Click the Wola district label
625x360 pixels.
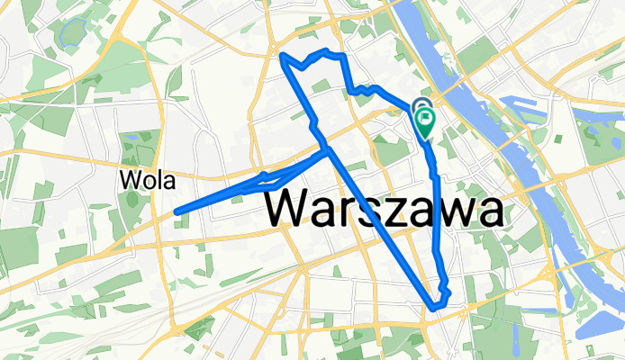(145, 180)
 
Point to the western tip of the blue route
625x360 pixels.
(177, 211)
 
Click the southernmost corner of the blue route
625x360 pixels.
(433, 307)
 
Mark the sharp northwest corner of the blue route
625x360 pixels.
(283, 57)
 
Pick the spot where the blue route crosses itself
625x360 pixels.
(326, 149)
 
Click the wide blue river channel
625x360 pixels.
(522, 162)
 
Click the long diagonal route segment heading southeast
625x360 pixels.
(378, 225)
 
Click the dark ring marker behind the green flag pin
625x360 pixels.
(421, 108)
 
